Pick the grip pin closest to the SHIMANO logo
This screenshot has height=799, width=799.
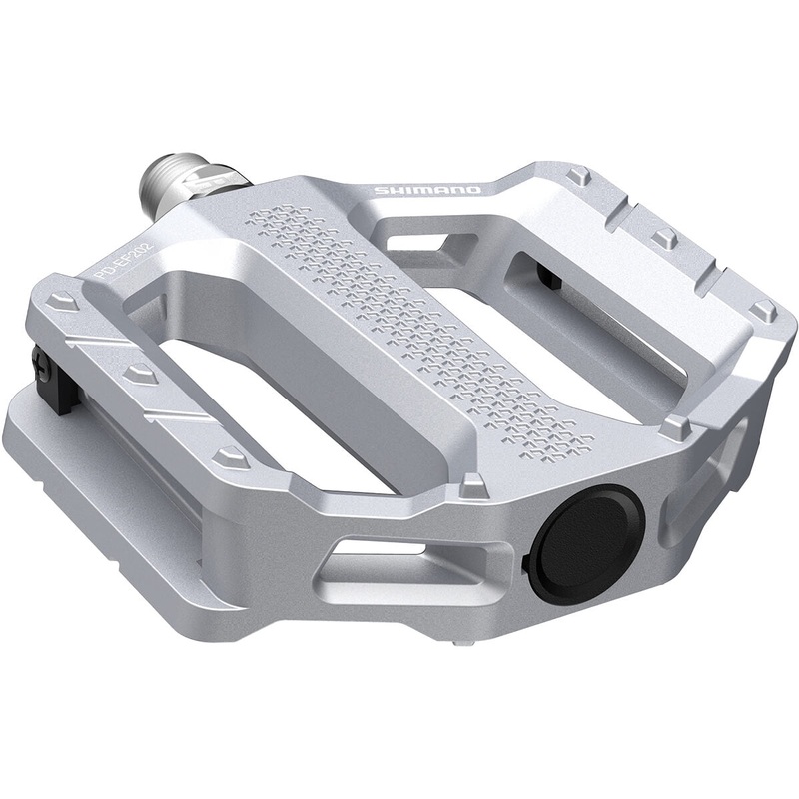[x=578, y=176]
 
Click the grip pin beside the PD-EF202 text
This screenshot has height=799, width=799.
[x=63, y=300]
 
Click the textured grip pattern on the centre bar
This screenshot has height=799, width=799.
[x=419, y=320]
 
